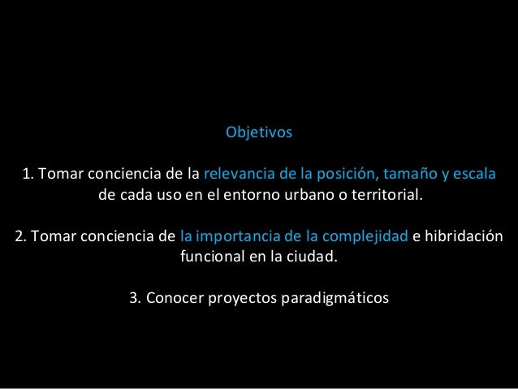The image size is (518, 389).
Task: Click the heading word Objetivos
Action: point(258,132)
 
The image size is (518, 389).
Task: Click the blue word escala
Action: point(473,175)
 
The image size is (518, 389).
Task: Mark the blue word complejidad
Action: point(366,238)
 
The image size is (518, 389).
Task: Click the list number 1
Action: point(27,175)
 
